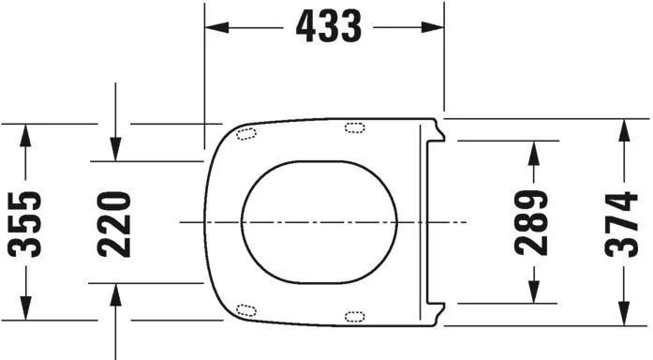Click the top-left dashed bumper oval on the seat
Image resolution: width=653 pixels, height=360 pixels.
coord(247,132)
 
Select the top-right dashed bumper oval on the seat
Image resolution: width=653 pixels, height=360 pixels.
coord(357,128)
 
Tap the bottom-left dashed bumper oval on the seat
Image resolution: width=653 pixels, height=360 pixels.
coord(247,310)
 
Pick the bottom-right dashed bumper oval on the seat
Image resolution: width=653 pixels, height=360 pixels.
coord(357,314)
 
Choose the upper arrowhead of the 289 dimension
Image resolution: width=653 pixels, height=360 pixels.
coord(533,151)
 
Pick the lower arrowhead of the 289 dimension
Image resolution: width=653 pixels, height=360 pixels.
coord(533,292)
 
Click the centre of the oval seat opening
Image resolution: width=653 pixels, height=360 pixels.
coord(319,222)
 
